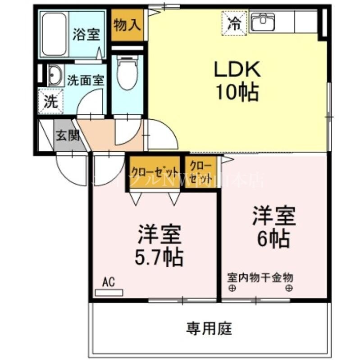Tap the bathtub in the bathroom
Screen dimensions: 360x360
pos(55,35)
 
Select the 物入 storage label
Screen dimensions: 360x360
pos(126,25)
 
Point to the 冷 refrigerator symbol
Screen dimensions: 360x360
pos(234,23)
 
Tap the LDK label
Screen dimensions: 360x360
pos(237,70)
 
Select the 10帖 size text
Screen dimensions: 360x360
pos(237,93)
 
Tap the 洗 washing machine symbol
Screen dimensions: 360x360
pos(51,101)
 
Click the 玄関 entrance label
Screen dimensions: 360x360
pos(68,135)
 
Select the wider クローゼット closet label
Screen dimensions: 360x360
pos(154,171)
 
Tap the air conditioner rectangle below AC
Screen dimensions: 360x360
pos(109,292)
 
